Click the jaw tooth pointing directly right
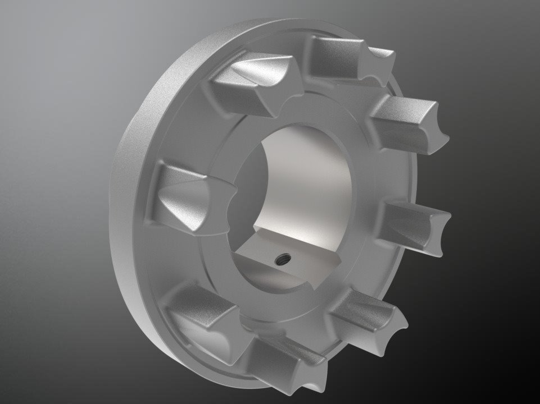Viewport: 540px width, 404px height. [x=416, y=224]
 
